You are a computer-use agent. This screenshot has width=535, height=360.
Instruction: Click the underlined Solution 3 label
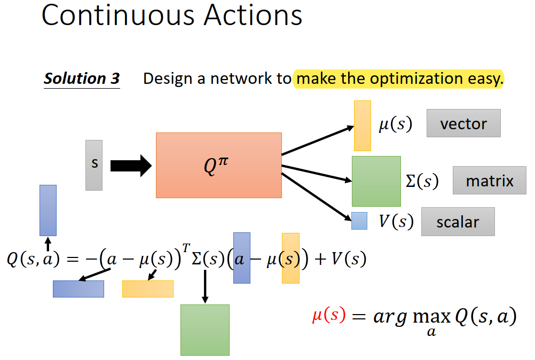coord(82,79)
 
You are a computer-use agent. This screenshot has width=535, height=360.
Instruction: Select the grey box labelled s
coord(94,165)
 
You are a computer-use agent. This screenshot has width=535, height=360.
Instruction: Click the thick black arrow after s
coord(131,166)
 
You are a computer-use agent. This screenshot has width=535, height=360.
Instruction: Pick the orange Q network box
coord(218,165)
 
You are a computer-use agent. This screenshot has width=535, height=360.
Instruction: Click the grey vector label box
coord(463,123)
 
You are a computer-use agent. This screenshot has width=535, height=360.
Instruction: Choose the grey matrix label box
coord(489,181)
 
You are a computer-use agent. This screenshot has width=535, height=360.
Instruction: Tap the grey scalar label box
coord(458,222)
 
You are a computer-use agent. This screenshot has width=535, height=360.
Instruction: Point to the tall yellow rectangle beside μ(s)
coord(363,126)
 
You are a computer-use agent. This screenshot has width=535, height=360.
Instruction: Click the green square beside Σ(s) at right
coord(376,181)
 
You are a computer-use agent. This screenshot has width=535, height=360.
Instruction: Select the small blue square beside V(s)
coord(359,221)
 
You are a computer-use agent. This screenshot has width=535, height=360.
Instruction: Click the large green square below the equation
coord(205,330)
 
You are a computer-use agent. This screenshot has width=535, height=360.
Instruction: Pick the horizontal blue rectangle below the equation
coord(78,288)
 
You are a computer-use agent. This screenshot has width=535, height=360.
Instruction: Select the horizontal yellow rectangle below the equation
coord(148,288)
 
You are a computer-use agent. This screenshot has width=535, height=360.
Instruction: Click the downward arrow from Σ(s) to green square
coord(205,286)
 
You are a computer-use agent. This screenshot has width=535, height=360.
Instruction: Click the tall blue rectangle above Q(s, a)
coord(48,210)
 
